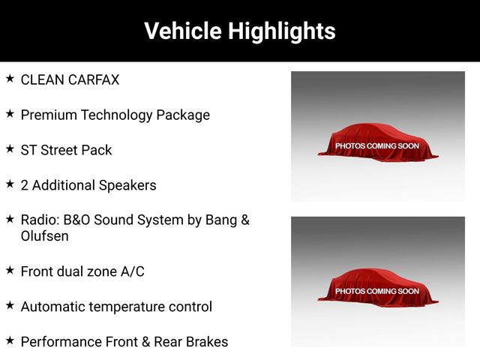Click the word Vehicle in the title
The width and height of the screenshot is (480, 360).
click(183, 31)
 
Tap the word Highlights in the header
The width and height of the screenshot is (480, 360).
click(282, 31)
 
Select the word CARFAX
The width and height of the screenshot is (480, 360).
click(94, 79)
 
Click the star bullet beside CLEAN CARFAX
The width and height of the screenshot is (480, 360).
click(10, 79)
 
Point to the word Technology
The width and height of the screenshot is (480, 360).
click(117, 115)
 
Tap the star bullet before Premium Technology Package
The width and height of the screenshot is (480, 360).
click(10, 114)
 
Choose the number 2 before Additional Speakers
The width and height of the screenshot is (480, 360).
click(25, 185)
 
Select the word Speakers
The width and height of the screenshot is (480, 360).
click(127, 186)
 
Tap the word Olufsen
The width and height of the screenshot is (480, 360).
click(45, 236)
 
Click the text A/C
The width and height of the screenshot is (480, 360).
click(132, 271)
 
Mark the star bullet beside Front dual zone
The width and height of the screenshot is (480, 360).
click(10, 270)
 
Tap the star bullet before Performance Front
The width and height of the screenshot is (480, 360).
click(10, 340)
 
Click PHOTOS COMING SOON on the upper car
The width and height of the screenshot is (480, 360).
click(377, 146)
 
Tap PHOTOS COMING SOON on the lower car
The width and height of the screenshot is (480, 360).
click(377, 291)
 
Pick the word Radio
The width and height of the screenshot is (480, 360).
click(40, 220)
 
